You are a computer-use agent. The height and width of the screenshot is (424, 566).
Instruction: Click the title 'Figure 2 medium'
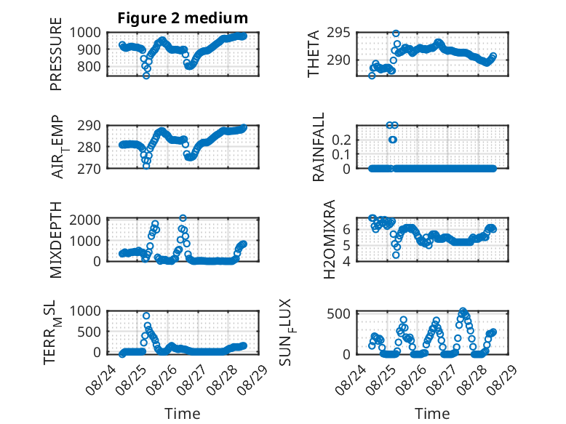point(183,18)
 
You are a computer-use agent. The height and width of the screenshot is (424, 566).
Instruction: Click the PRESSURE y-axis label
point(56,54)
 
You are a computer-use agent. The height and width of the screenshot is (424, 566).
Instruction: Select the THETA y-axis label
point(314,54)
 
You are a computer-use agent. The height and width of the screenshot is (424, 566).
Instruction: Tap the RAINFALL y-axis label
point(319,147)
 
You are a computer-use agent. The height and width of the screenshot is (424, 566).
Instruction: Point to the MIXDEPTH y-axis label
point(56,240)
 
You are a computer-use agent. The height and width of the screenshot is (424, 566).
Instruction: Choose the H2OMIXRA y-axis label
point(330,239)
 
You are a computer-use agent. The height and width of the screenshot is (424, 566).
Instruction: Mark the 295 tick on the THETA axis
point(338,33)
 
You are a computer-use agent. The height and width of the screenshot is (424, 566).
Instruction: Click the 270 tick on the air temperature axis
point(89,169)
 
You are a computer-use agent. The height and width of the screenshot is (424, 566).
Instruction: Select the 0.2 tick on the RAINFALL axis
point(341,140)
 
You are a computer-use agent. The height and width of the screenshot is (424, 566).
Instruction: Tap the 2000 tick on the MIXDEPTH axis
point(85,220)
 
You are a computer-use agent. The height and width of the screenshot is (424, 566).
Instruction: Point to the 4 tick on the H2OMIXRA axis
point(346,261)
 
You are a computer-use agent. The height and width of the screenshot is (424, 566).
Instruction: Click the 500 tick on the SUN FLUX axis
point(338,313)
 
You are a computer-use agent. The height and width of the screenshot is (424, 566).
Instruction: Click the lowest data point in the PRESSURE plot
point(146,76)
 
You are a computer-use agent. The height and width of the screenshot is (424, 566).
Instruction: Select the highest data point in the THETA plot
point(396,33)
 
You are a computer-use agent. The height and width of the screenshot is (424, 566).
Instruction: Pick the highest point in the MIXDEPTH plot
point(183,218)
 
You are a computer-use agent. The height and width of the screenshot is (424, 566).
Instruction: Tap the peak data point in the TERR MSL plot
point(146,316)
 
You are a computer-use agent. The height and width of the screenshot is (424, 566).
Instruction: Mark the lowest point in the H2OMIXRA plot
point(396,255)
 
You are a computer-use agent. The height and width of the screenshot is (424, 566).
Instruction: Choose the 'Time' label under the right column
point(432,413)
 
